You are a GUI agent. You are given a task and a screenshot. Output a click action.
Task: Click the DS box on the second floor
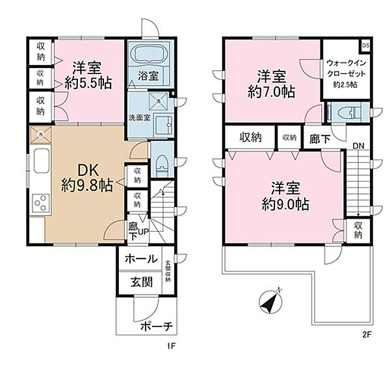[365, 45]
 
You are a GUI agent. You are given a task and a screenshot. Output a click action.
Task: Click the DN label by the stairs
[357, 146]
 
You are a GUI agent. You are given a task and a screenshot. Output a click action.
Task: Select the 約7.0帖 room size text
[270, 92]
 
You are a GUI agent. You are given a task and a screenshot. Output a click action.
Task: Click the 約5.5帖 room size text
[87, 82]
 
